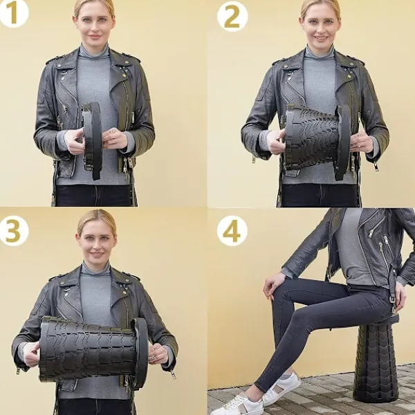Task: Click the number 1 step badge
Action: click(13, 12)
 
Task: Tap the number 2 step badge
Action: click(232, 17)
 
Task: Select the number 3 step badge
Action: click(13, 231)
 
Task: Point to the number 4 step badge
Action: click(232, 231)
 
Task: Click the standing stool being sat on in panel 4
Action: click(376, 360)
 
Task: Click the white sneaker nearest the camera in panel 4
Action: click(238, 404)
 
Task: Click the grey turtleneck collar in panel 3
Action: click(95, 268)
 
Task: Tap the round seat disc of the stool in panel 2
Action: click(343, 142)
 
